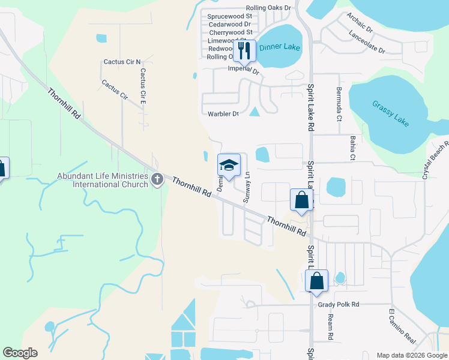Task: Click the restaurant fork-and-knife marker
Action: [244, 50]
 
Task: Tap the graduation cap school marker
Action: [229, 164]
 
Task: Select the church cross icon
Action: [157, 178]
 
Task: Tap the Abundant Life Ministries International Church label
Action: [101, 180]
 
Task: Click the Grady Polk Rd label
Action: [339, 305]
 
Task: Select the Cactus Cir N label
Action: [122, 62]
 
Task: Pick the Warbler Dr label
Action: [223, 113]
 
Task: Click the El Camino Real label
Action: [402, 326]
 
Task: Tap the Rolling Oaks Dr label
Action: [266, 8]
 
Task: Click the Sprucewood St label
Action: [229, 17]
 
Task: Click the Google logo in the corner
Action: [20, 353]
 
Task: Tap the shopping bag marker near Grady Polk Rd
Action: [316, 280]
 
